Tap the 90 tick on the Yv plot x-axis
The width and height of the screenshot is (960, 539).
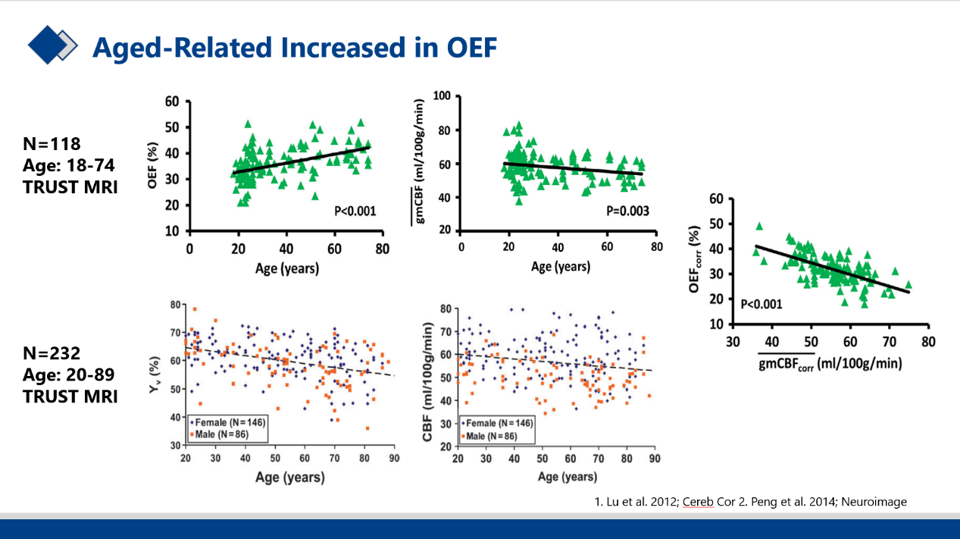(x=393, y=459)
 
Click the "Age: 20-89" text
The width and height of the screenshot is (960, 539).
(x=70, y=374)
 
